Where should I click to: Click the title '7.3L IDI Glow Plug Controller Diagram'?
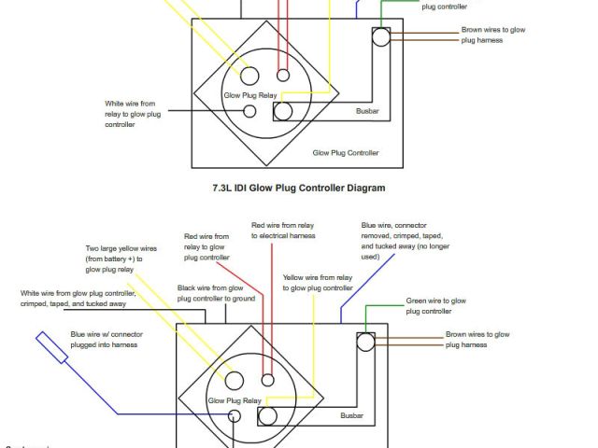tap(299, 188)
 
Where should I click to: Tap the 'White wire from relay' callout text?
tap(132, 114)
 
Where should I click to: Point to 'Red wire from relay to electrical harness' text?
tap(283, 231)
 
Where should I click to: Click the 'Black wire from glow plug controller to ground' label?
tap(217, 294)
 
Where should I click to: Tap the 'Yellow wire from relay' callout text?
tap(318, 283)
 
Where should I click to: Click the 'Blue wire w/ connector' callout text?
tap(105, 339)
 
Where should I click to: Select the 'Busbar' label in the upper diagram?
tap(367, 112)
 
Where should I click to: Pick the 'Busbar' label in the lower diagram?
tap(351, 415)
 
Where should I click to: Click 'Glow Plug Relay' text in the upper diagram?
tap(248, 95)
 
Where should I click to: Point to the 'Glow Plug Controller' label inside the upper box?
tap(346, 152)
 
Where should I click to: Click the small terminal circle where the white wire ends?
tap(249, 112)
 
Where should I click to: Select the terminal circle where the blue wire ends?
tap(235, 415)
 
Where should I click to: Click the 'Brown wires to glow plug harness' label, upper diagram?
tap(493, 35)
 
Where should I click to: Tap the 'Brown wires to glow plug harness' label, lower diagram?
tap(477, 339)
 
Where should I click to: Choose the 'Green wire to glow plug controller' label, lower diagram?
tap(436, 306)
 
